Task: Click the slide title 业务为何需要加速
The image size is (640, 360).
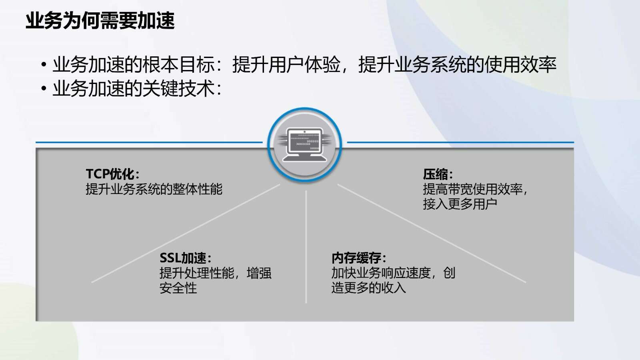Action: (x=100, y=20)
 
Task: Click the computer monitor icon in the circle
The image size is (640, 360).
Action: (x=304, y=144)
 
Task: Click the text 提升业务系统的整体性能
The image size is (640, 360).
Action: (x=154, y=189)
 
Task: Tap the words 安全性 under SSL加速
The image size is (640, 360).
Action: (x=178, y=288)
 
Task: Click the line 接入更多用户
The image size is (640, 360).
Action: (x=460, y=204)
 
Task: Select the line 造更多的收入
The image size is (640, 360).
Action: (x=368, y=288)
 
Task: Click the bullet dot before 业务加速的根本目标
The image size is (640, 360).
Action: (x=44, y=64)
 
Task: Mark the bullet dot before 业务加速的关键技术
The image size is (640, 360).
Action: (x=44, y=88)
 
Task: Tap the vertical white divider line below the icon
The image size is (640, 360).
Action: (x=306, y=247)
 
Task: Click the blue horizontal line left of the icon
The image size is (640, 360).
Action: (x=149, y=142)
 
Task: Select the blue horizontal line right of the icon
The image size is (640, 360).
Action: (x=460, y=142)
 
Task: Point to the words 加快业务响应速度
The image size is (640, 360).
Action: (x=381, y=273)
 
